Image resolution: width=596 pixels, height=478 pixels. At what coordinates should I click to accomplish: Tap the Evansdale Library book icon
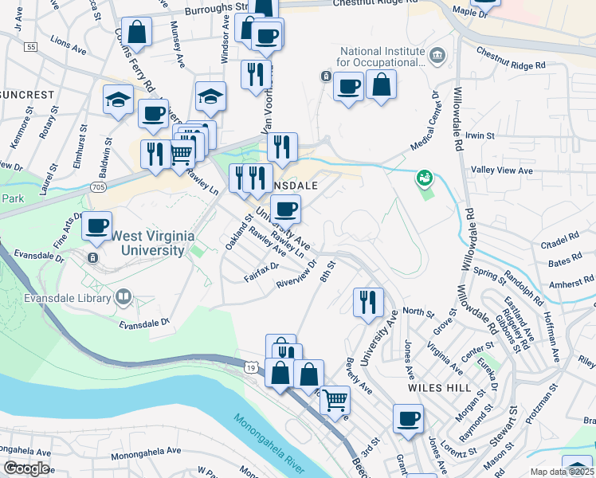pos(123,298)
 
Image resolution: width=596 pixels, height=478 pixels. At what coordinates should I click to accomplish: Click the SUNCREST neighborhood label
pos(27,95)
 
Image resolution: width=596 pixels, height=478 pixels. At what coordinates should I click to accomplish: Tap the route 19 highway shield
pos(251,368)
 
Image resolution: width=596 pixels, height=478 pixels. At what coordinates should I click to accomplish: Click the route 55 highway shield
pos(30,48)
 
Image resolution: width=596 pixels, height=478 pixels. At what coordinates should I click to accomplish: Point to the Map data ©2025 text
pos(563,472)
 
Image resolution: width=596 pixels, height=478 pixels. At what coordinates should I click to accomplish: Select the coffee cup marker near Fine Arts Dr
pos(97,226)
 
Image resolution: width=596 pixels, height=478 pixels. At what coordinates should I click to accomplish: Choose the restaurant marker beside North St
pos(367,302)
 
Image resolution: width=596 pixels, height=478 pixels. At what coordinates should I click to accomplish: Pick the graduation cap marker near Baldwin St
pos(118,100)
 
